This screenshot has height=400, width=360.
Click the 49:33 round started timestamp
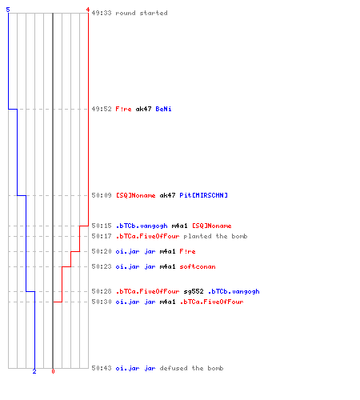tap(102, 13)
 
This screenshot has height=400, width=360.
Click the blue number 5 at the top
tap(8, 10)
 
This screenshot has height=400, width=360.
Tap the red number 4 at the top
tap(88, 10)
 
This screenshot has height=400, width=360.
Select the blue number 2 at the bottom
tap(34, 371)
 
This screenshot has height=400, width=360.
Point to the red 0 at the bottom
tap(53, 371)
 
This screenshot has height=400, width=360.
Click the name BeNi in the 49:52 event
tap(163, 109)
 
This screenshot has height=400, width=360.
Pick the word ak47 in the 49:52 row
tap(143, 109)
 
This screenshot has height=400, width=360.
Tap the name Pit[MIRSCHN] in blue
tap(203, 195)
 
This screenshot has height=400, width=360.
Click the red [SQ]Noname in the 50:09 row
tap(135, 195)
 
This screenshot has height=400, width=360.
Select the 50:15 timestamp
tap(102, 226)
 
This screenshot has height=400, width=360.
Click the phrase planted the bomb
tap(215, 236)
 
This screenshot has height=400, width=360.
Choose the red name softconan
tap(198, 266)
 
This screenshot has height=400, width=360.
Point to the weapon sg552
tap(194, 291)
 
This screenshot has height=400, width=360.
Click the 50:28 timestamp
tap(102, 291)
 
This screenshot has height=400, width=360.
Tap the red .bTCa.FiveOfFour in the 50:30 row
tap(211, 302)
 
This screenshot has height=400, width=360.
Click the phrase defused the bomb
tap(191, 368)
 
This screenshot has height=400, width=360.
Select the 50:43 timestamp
tap(102, 368)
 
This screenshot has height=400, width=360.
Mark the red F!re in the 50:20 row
tap(187, 251)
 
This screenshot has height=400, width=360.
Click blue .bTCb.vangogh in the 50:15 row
tap(142, 226)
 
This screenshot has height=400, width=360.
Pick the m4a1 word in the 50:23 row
tap(167, 266)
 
